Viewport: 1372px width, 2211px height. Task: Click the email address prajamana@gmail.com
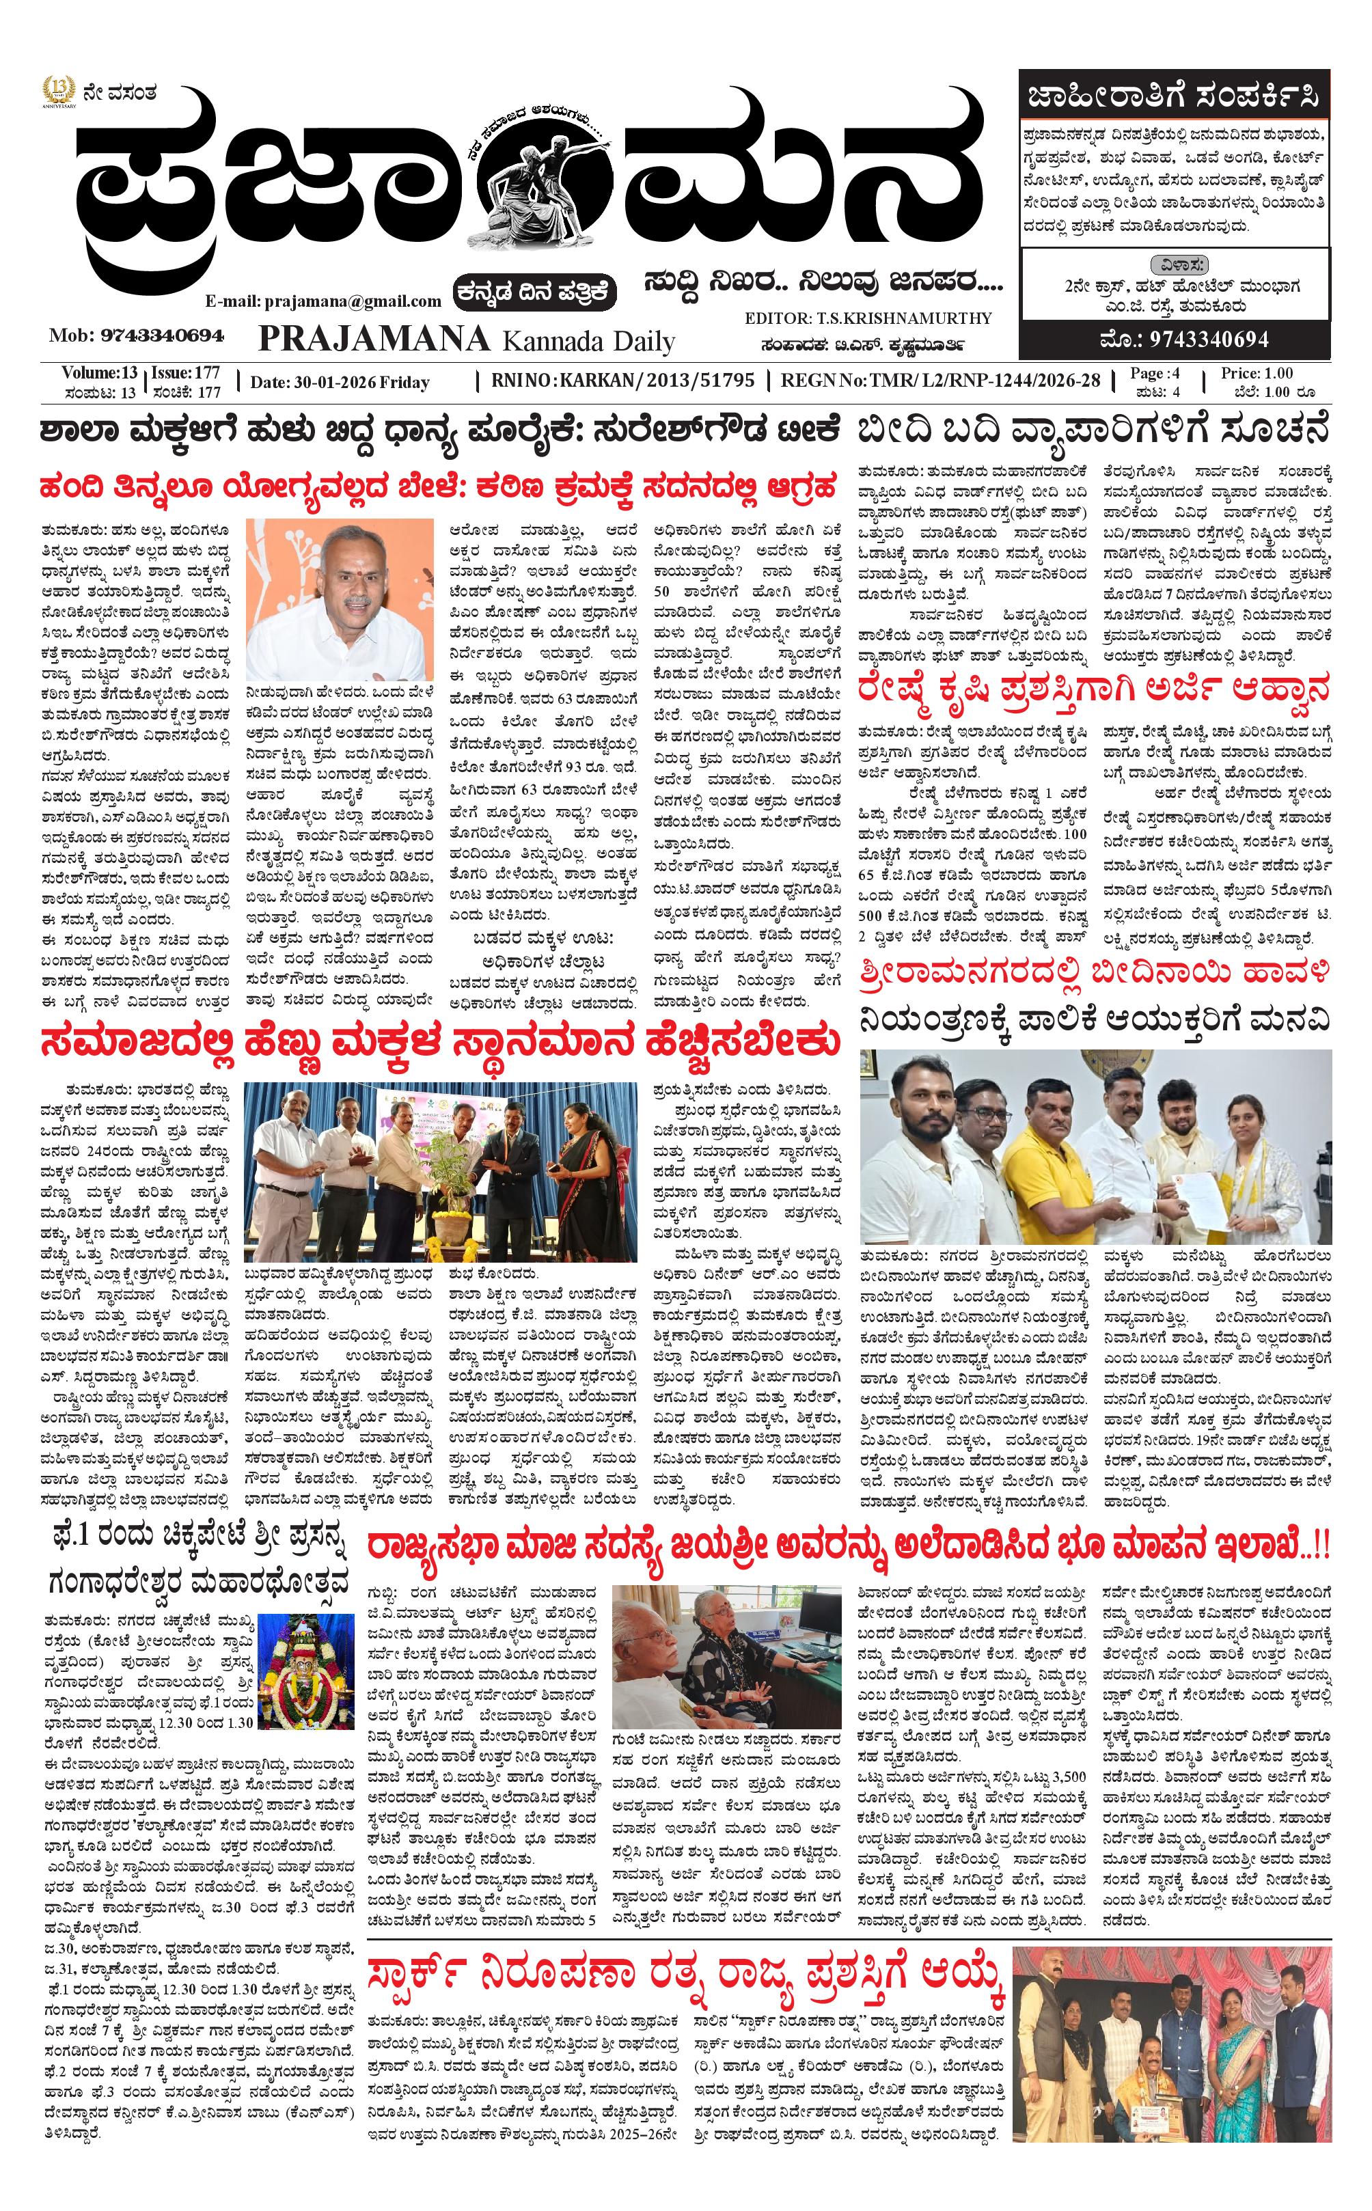[x=323, y=301]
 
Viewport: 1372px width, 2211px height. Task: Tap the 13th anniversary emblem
[x=57, y=92]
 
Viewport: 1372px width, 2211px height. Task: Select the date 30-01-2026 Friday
[x=340, y=382]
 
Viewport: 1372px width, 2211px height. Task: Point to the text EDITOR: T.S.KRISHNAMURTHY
[x=868, y=318]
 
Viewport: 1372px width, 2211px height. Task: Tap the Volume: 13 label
[x=100, y=373]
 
